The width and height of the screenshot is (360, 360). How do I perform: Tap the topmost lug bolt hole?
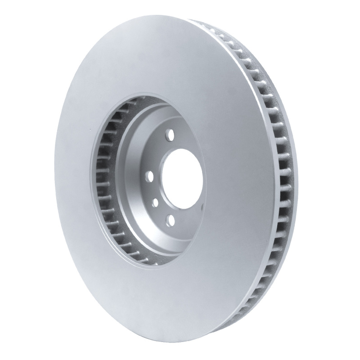(171, 134)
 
